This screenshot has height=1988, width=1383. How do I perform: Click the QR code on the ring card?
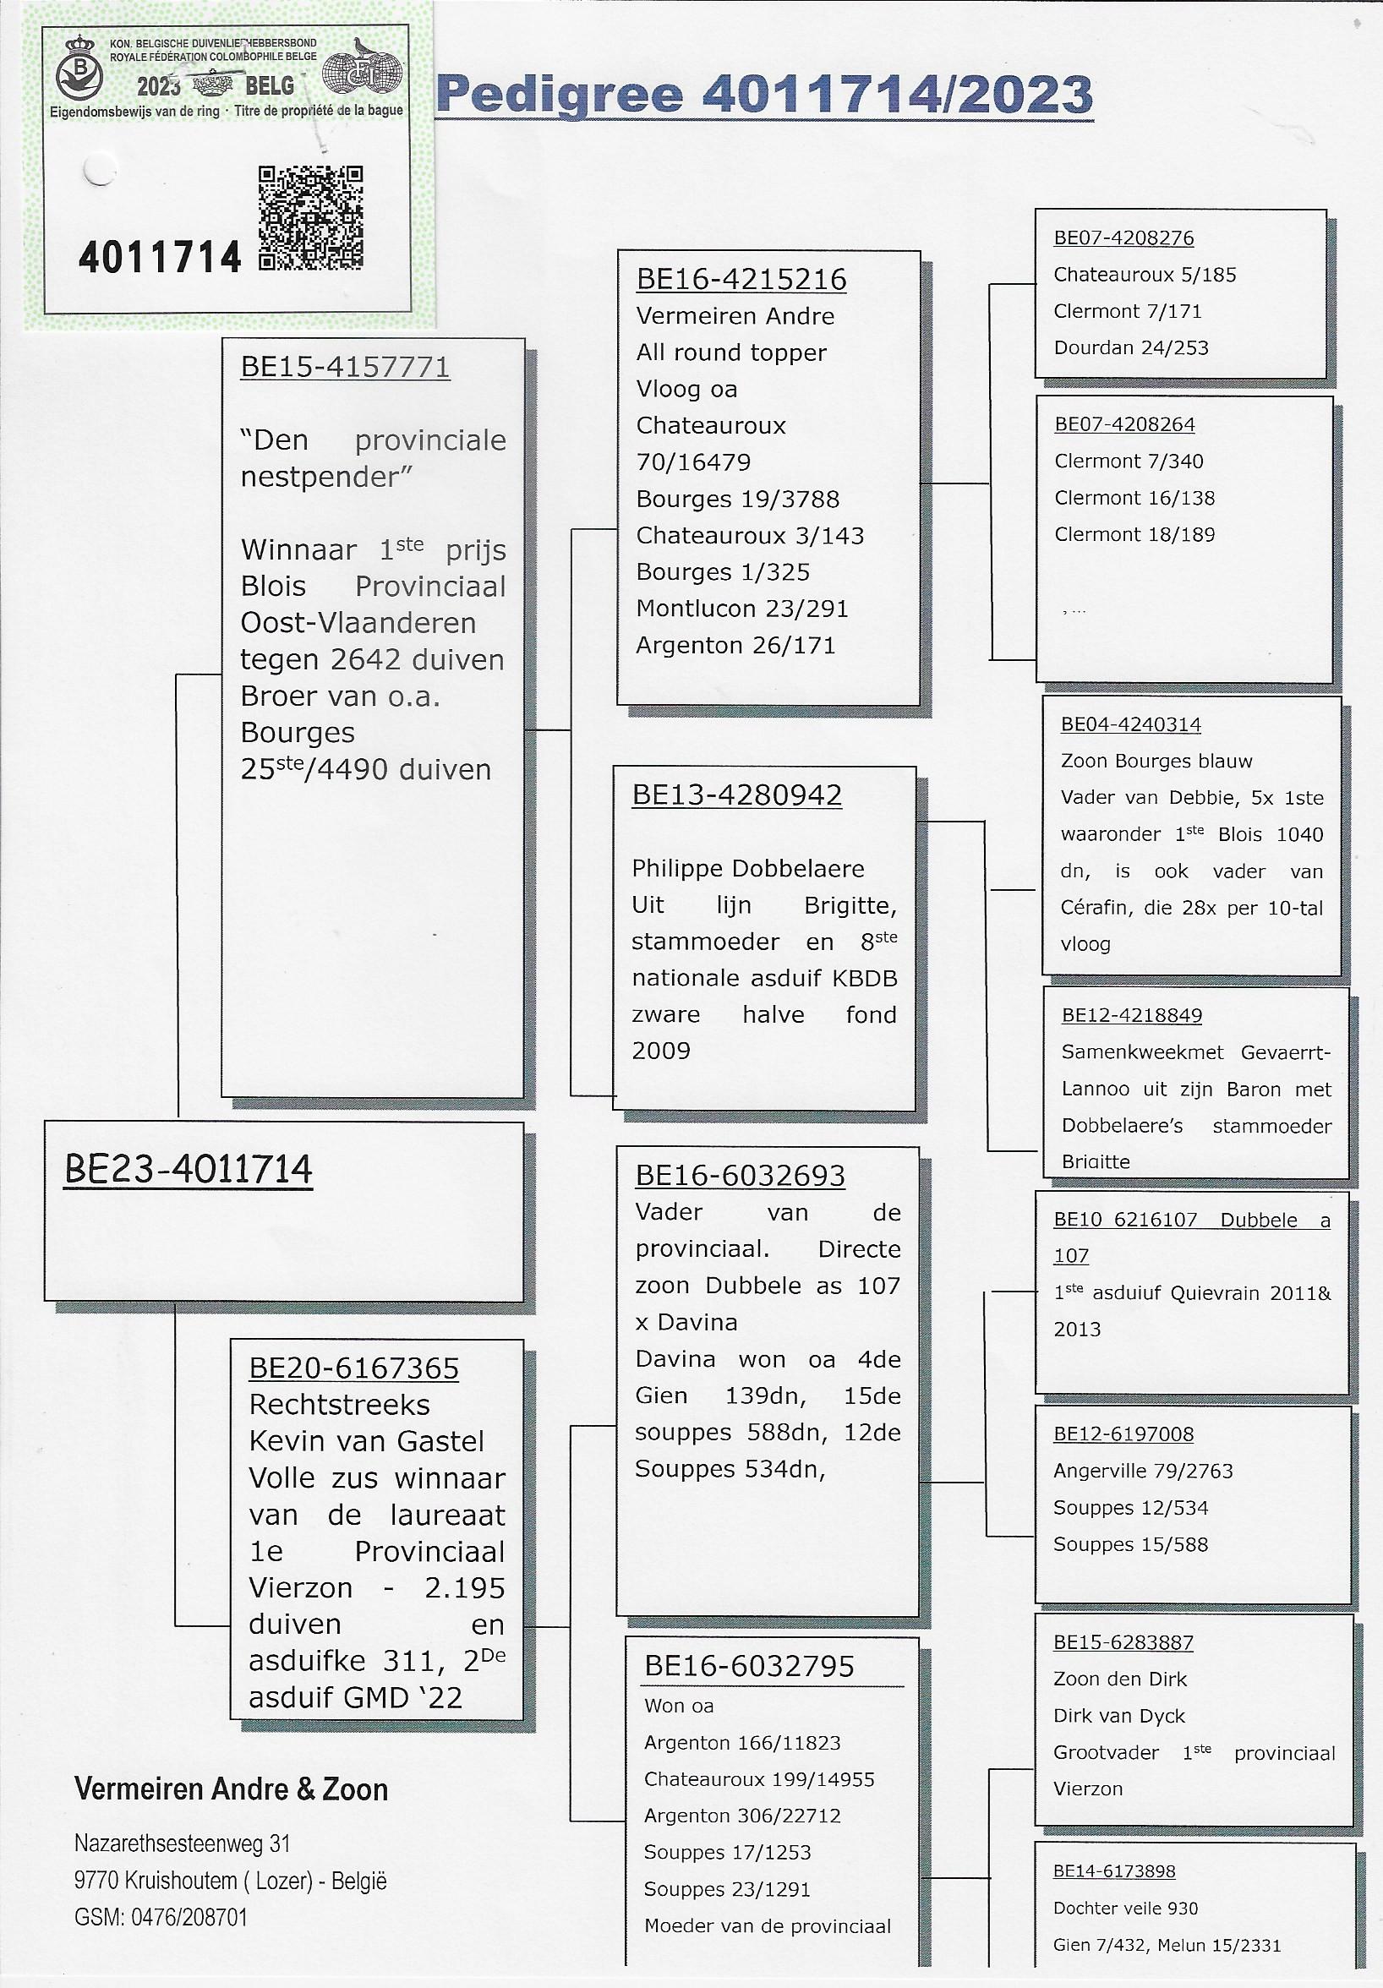(x=310, y=218)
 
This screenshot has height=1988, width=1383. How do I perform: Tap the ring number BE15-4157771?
(x=346, y=367)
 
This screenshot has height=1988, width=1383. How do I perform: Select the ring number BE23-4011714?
(x=188, y=1171)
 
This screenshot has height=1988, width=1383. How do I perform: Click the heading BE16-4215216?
(x=741, y=280)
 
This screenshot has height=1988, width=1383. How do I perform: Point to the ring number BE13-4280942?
(x=737, y=795)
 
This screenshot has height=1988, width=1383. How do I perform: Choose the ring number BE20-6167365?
(x=353, y=1368)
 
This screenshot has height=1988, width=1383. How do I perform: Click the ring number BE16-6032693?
(x=740, y=1176)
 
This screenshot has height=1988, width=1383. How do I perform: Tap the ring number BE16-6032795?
(x=749, y=1666)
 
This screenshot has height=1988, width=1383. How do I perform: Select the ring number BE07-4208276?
(x=1123, y=238)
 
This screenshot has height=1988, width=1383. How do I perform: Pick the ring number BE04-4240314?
(x=1130, y=724)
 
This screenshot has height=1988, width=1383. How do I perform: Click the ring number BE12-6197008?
(x=1123, y=1434)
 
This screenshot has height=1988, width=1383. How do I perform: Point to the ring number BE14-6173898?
(x=1113, y=1871)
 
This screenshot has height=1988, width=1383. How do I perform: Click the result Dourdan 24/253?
(x=1130, y=348)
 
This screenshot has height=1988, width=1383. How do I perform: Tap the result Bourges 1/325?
(x=722, y=572)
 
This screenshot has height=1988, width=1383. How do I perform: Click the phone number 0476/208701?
(x=189, y=1917)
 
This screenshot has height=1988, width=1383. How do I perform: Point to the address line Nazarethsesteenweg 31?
(x=182, y=1843)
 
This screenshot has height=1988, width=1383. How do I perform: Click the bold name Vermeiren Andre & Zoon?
(x=232, y=1789)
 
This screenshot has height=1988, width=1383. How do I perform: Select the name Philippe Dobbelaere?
(x=747, y=868)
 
